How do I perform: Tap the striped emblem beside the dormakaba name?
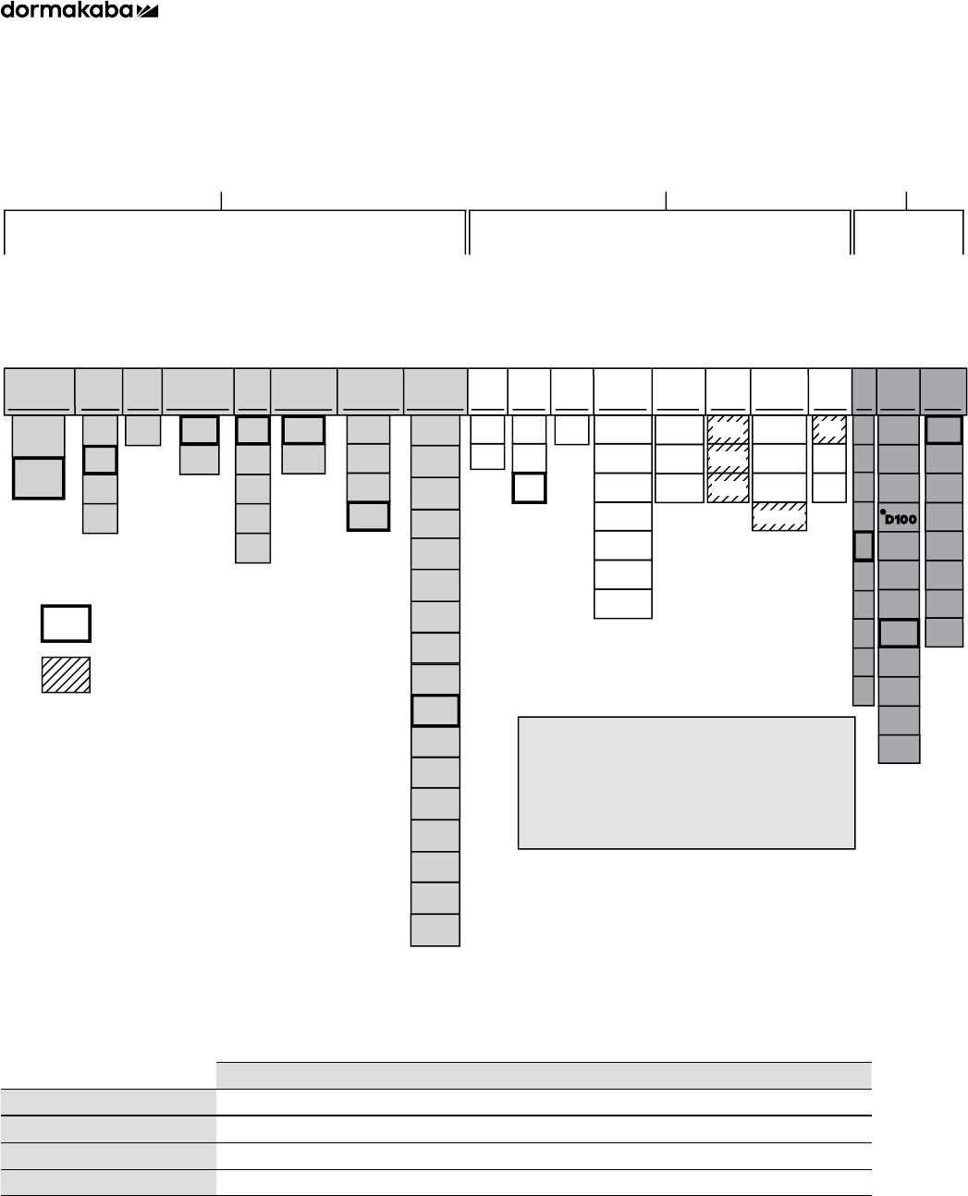coord(148,11)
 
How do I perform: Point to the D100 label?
coord(899,519)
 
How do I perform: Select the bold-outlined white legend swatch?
coord(66,623)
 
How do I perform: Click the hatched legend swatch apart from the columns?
coord(66,674)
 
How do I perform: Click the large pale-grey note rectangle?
coord(686,782)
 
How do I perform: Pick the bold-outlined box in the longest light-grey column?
coord(435,710)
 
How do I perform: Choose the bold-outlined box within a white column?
coord(529,487)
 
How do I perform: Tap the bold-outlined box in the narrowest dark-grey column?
coord(863,546)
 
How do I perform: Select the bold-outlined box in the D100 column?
coord(899,633)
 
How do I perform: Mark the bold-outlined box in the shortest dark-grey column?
coord(944,430)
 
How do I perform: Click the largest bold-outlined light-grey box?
coord(38,477)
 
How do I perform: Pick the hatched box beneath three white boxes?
coord(779,516)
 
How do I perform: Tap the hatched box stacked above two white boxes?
coord(829,430)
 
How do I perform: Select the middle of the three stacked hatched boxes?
coord(728,459)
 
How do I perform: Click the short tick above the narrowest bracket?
coord(907,200)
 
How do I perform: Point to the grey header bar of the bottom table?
coord(544,1075)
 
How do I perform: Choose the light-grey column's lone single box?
coord(143,430)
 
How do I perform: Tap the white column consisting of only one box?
coord(572,430)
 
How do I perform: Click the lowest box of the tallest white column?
coord(623,603)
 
